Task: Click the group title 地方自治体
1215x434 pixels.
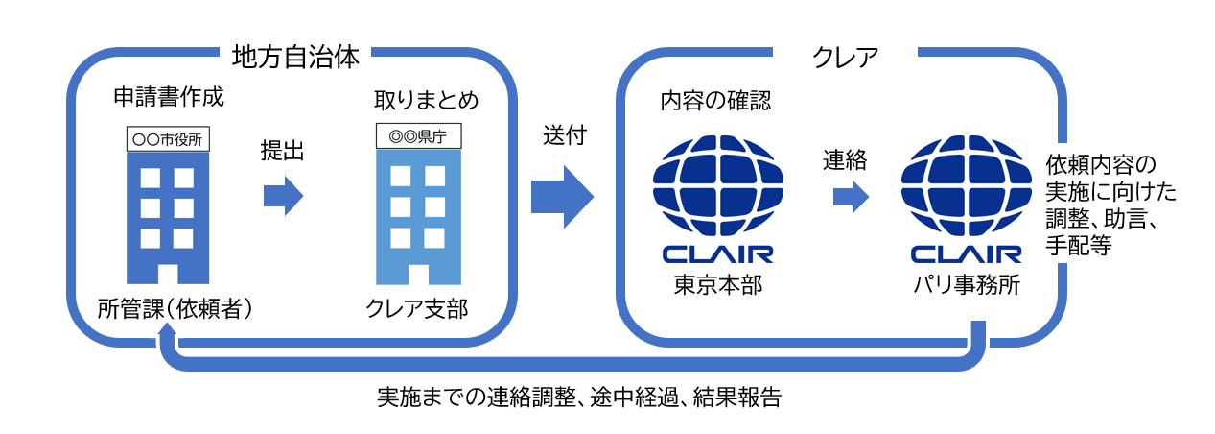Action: point(295,58)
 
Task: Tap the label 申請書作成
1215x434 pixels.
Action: point(168,100)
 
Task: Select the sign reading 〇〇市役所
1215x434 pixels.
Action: point(169,138)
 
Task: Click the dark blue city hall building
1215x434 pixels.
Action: point(169,216)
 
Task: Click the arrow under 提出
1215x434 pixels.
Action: point(283,196)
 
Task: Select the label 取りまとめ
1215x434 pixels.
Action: point(426,100)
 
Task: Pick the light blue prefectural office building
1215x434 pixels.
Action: point(419,216)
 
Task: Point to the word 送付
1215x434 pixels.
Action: point(564,136)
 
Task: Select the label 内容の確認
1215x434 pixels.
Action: point(715,100)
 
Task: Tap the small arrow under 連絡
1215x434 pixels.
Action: point(850,197)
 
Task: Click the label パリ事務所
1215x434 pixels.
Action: point(965,285)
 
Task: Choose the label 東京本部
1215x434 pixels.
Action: point(717,285)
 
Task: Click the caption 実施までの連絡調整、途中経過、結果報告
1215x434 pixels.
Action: point(579,398)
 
